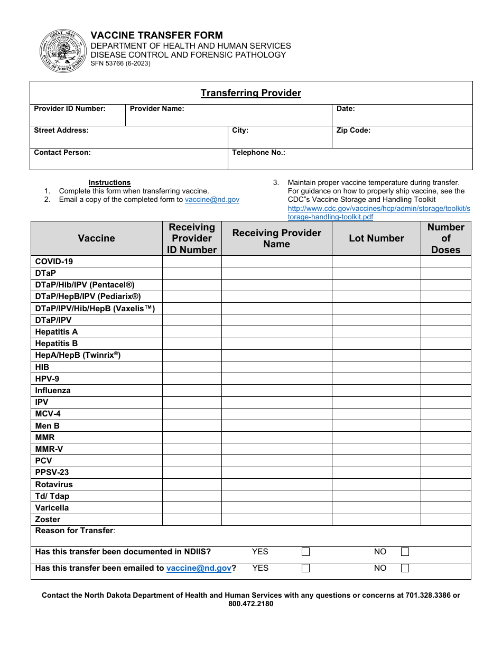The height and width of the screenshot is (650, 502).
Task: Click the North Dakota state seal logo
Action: click(62, 51)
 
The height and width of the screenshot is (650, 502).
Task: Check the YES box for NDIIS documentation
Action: click(305, 552)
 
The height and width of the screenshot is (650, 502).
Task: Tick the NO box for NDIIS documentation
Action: click(405, 552)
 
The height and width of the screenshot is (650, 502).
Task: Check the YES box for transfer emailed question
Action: click(305, 569)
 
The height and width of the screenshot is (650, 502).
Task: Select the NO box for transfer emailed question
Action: click(405, 569)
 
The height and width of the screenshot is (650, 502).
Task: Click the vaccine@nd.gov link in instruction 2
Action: click(212, 200)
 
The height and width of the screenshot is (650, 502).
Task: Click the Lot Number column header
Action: click(376, 238)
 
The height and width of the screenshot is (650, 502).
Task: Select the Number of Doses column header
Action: click(445, 238)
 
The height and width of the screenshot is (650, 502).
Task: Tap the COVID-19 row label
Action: click(54, 262)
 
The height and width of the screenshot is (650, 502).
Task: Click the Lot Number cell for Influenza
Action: click(376, 391)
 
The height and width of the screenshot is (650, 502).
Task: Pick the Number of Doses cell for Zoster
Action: click(445, 519)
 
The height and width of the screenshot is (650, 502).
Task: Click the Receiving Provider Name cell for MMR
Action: click(276, 438)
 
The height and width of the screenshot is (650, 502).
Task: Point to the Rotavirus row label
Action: click(54, 485)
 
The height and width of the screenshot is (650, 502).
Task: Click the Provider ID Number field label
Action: click(70, 109)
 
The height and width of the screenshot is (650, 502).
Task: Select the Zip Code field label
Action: click(353, 131)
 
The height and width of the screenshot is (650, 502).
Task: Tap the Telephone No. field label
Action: click(258, 153)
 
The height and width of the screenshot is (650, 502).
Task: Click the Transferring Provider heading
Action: click(250, 94)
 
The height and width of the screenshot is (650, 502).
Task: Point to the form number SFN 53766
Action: click(120, 63)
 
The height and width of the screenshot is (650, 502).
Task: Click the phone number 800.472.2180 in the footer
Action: click(250, 603)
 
